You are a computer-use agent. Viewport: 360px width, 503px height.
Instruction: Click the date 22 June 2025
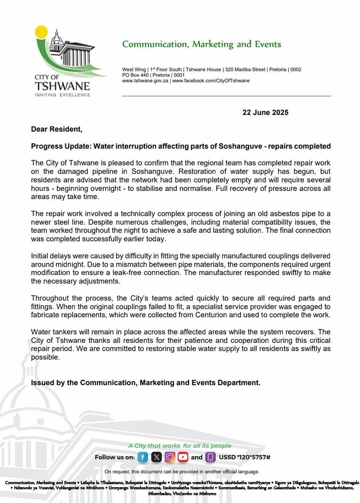tap(266, 112)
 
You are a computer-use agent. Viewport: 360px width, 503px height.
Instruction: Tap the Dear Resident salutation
tap(57, 129)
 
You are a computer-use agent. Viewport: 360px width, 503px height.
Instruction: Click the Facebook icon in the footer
tap(143, 457)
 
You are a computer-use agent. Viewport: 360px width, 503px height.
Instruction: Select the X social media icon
tap(156, 457)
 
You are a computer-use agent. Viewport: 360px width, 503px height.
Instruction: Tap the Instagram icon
tap(170, 457)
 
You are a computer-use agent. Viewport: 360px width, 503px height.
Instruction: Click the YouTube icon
tap(183, 457)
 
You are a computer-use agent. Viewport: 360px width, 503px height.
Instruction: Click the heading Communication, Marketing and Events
tap(202, 44)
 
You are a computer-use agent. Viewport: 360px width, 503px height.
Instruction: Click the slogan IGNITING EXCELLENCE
tap(63, 95)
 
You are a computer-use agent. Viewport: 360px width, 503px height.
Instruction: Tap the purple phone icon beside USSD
tap(210, 457)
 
